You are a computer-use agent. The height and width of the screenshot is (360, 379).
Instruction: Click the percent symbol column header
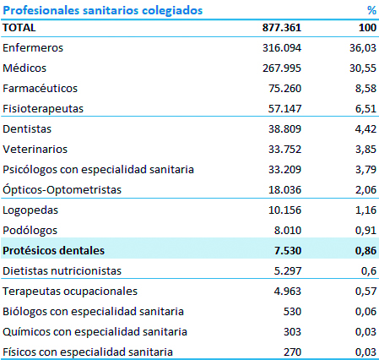click(371, 10)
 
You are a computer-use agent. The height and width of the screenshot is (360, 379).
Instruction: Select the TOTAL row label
click(19, 28)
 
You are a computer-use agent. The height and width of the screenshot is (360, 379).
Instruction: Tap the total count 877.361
click(282, 28)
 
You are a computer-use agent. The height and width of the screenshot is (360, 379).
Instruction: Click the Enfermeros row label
click(33, 47)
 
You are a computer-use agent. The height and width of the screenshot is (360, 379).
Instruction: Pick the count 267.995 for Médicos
click(282, 68)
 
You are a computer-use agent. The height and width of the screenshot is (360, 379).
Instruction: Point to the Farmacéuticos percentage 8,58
click(365, 88)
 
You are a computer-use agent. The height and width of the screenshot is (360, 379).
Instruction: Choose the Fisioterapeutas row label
click(43, 109)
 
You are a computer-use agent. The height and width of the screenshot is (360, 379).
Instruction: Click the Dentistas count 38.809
click(284, 128)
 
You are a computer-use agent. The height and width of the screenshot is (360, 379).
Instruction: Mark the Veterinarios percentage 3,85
click(365, 149)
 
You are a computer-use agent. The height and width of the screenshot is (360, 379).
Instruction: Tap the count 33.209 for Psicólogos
click(284, 169)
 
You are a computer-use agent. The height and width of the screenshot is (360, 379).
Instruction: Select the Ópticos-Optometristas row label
click(62, 189)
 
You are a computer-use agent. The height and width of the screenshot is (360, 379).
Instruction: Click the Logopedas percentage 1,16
click(365, 210)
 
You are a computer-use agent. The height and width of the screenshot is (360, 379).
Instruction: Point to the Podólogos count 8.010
click(288, 230)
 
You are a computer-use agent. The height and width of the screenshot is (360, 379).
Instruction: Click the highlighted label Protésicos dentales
click(53, 250)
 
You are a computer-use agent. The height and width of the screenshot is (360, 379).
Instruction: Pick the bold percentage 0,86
click(365, 250)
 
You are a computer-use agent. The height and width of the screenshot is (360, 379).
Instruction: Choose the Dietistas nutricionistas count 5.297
click(288, 270)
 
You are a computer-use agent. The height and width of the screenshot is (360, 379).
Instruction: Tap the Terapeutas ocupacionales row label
click(70, 292)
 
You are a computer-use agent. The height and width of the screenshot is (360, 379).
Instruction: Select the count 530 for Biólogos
click(292, 311)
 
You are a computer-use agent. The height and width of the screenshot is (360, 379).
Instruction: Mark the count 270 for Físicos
click(292, 352)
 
